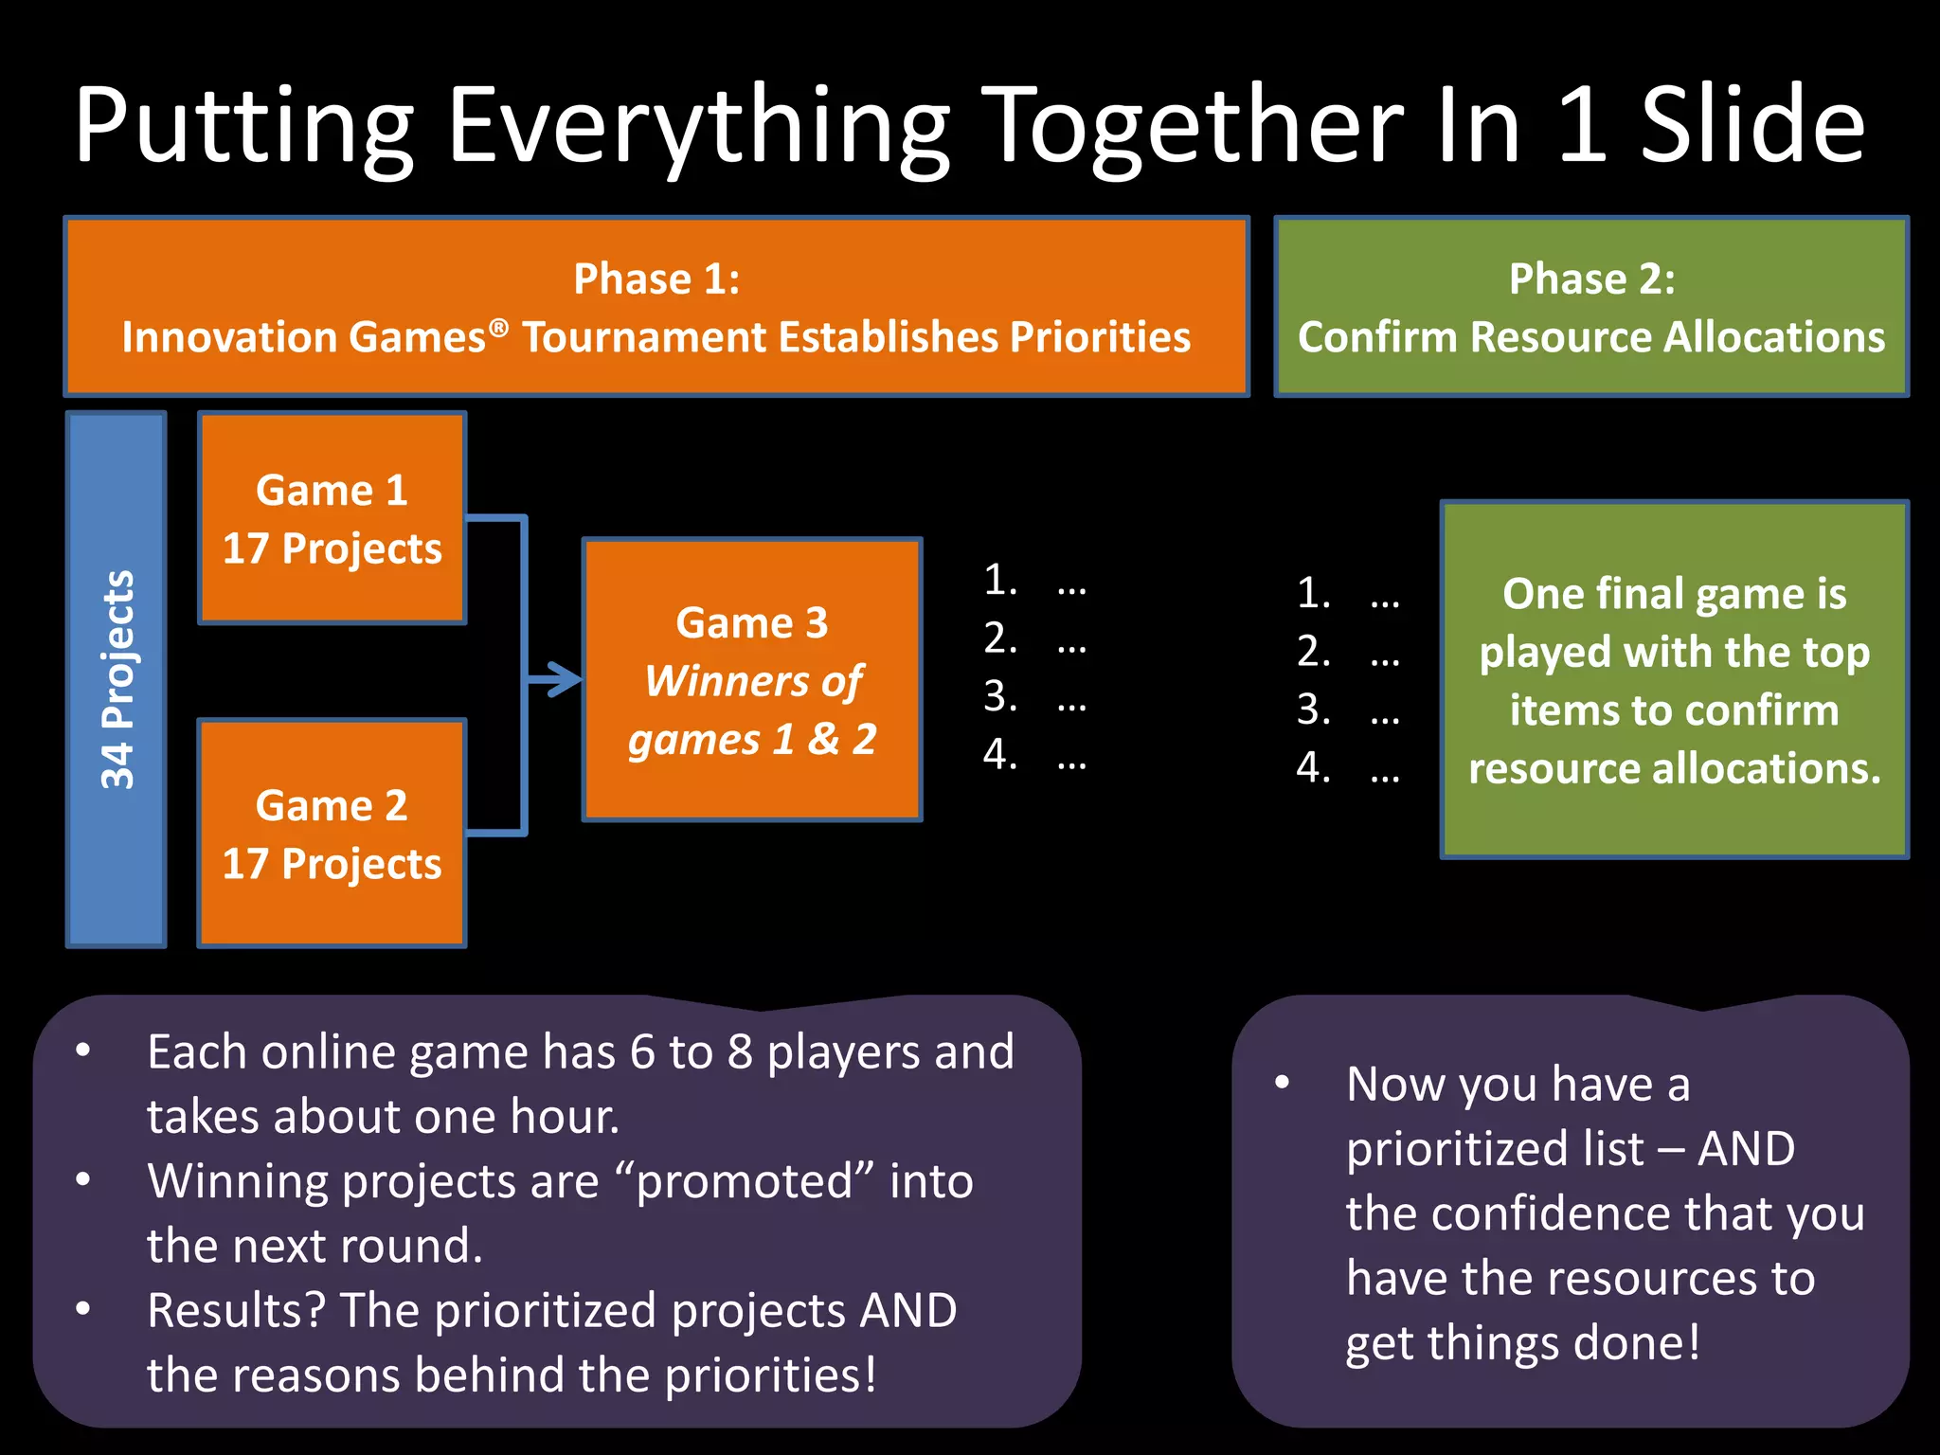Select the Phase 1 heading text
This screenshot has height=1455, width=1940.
656,279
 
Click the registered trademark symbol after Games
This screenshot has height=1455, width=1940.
499,328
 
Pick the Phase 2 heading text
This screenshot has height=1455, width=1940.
1591,279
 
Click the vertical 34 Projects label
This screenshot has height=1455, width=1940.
117,679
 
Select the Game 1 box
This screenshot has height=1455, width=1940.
332,518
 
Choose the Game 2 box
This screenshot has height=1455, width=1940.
332,833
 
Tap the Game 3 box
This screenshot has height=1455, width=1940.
752,679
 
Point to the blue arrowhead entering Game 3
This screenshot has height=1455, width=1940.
567,679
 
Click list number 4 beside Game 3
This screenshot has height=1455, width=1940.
999,754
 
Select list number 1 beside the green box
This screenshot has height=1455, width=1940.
1313,593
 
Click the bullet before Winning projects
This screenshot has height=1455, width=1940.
83,1179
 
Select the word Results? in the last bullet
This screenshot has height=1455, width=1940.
236,1311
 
